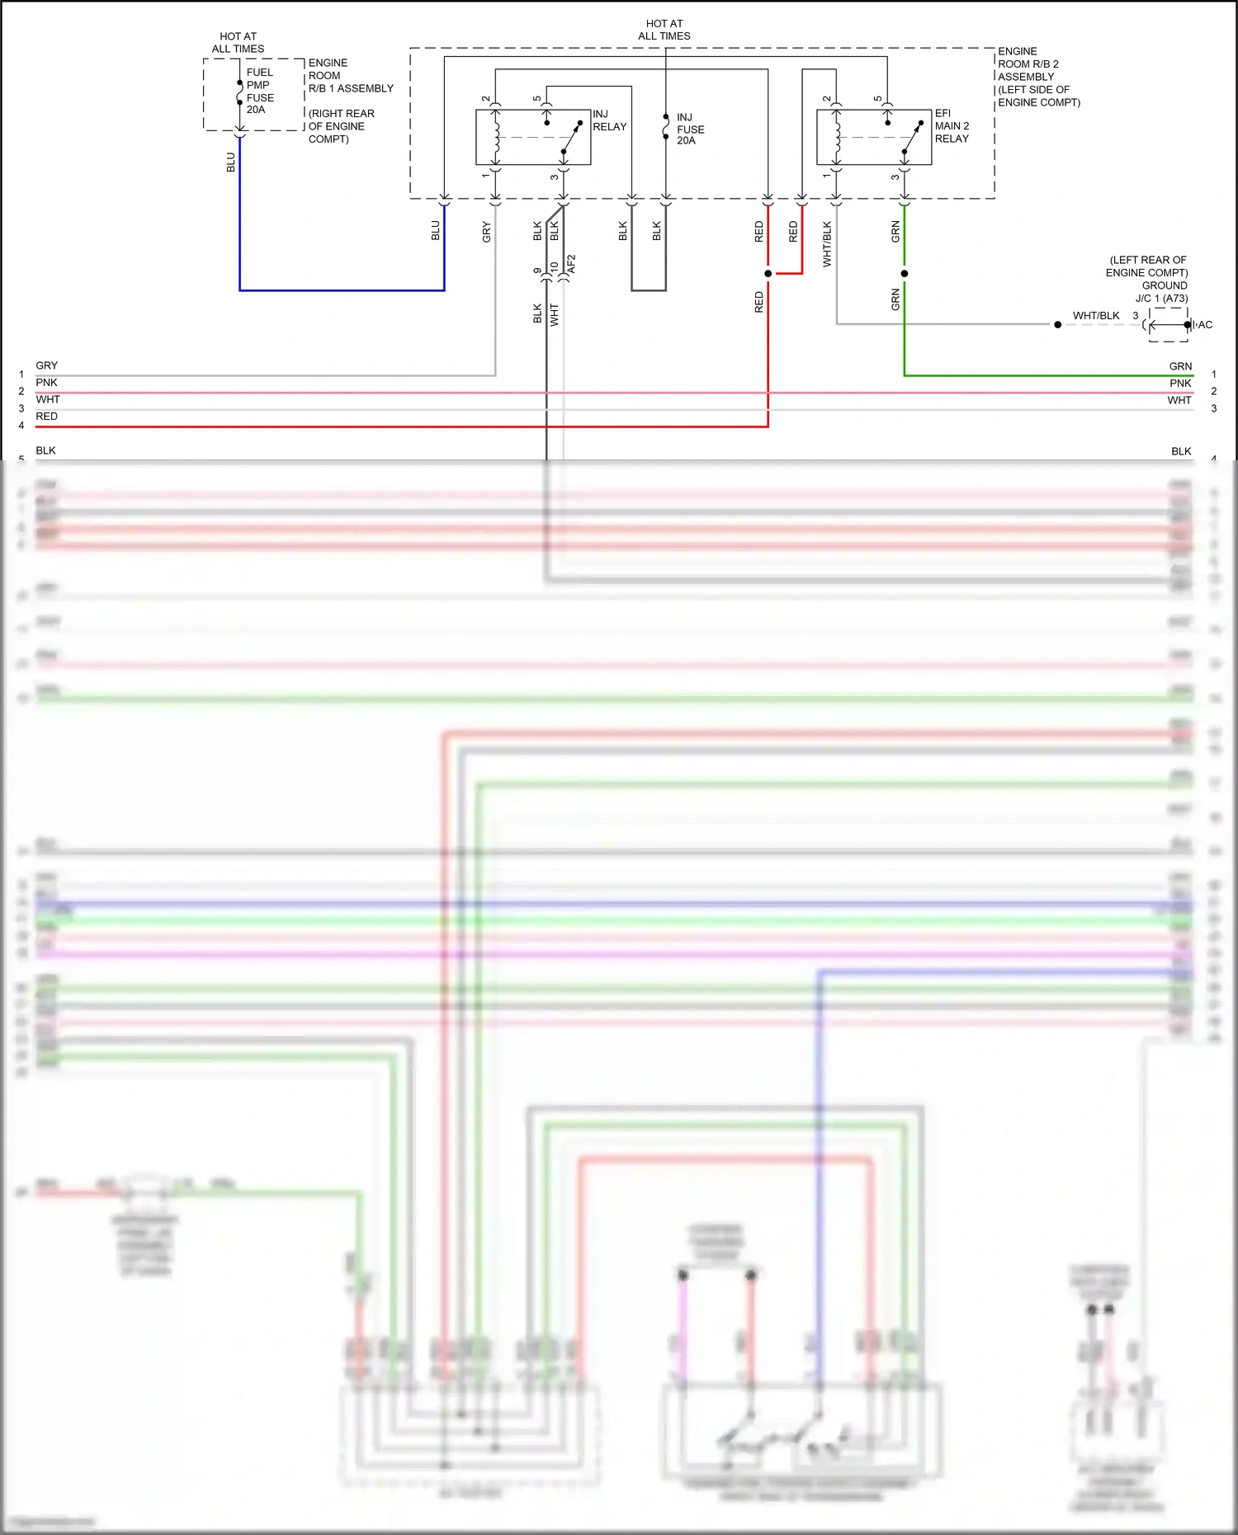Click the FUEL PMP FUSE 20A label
pos(259,91)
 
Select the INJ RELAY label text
pos(609,120)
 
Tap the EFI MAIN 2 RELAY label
pos(952,126)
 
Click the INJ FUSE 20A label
pos(690,129)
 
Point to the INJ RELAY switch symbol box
pos(533,137)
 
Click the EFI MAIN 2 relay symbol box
pos(874,137)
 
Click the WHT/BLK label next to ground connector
pos(1096,316)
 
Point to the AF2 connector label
pos(571,265)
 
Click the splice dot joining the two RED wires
pos(768,273)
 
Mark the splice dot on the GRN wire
pos(905,273)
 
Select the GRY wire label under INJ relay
pos(487,232)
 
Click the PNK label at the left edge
pos(46,383)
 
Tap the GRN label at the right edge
pos(1180,366)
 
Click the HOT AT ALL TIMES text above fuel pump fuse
pos(238,43)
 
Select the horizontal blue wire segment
pos(342,290)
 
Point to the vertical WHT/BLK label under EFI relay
pos(827,244)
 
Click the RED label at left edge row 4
pos(46,417)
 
